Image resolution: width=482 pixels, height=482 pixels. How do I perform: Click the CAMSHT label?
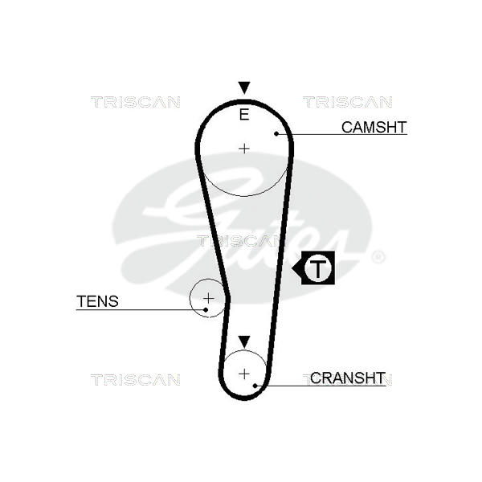click(x=374, y=127)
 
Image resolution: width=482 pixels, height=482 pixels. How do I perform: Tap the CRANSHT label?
click(x=347, y=378)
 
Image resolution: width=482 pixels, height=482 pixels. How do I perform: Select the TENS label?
click(x=97, y=301)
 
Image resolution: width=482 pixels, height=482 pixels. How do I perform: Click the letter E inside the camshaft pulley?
click(x=244, y=114)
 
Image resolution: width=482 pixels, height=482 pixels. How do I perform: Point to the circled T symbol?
click(x=318, y=268)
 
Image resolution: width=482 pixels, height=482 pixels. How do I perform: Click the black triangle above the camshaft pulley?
click(x=244, y=88)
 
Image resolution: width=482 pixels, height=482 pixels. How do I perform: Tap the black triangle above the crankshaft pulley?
click(x=244, y=342)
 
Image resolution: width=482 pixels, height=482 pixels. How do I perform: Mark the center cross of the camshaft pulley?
click(x=244, y=149)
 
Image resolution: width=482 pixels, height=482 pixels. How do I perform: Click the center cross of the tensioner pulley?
click(x=209, y=298)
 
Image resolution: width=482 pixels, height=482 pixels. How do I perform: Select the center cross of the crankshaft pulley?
click(x=244, y=374)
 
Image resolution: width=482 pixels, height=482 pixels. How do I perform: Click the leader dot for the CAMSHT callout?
click(x=276, y=133)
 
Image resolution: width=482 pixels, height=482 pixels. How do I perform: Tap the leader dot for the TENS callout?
click(x=206, y=310)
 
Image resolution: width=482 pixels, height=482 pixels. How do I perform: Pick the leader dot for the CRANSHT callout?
click(x=255, y=386)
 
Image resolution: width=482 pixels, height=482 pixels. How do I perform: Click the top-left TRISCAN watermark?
click(x=135, y=102)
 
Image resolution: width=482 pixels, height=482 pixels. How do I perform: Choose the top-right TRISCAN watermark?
click(x=347, y=102)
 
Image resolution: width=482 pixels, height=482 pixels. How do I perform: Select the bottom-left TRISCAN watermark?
click(x=135, y=380)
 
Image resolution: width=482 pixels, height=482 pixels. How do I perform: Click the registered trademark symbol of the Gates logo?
click(x=378, y=257)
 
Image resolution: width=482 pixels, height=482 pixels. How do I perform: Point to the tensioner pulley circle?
click(x=190, y=298)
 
